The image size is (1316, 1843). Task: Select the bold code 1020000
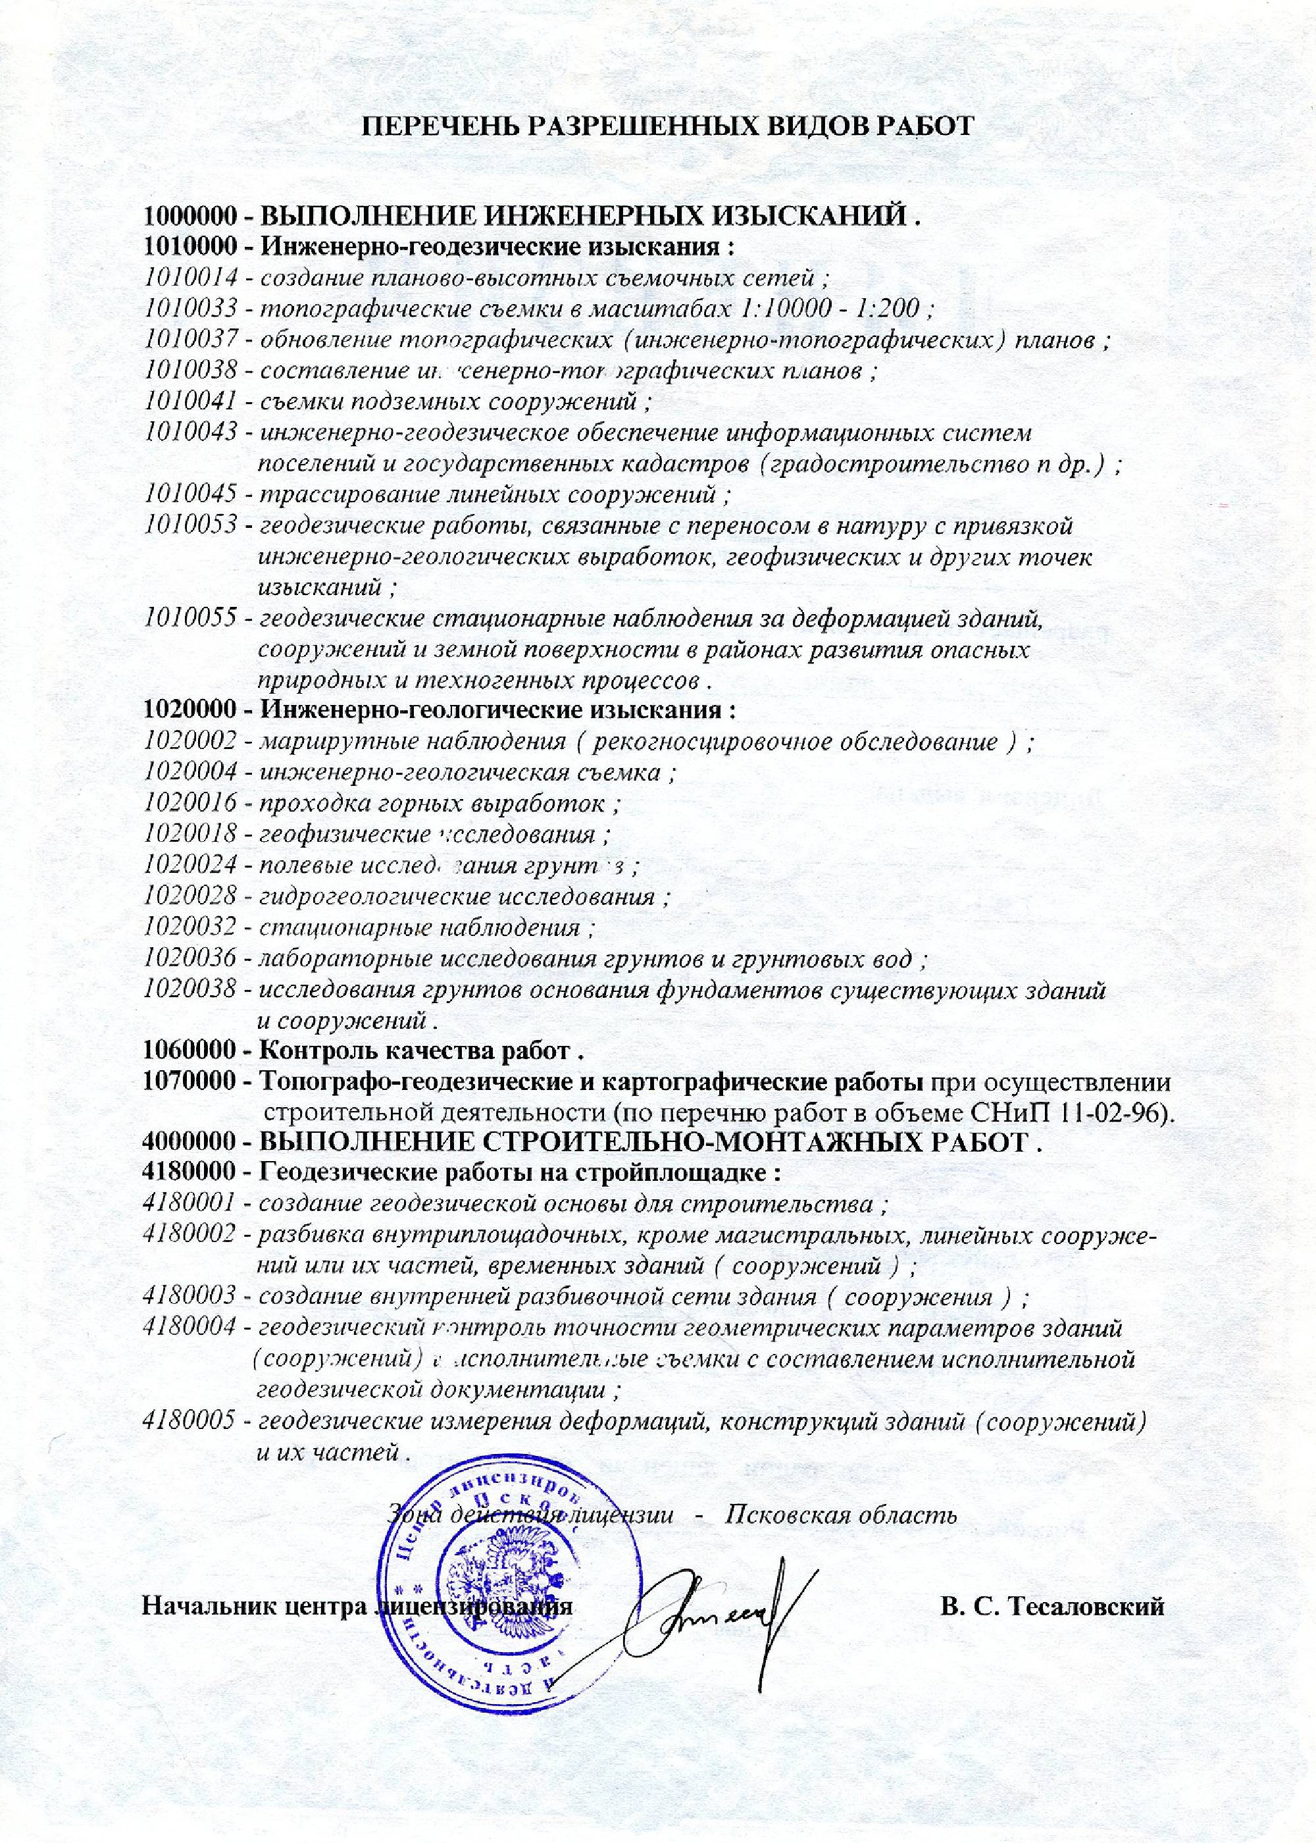click(x=190, y=711)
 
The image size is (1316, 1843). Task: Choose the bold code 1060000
click(x=190, y=1051)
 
